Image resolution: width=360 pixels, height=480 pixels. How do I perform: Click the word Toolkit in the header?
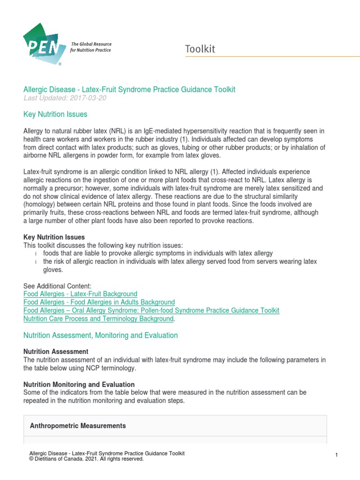coord(200,49)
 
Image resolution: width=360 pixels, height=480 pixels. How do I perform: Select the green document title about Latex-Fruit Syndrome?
coord(129,89)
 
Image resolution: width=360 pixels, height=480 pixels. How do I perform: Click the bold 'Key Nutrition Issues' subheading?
coord(54,237)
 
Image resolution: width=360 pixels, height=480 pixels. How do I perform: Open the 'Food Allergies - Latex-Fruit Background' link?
coord(80,294)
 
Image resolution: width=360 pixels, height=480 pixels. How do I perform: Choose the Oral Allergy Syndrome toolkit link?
coord(151,310)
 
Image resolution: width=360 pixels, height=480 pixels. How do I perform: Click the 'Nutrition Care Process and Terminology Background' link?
coord(98,319)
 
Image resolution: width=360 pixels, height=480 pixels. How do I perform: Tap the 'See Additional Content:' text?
coord(57,286)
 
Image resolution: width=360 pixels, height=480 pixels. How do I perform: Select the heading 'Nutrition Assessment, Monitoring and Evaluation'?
coord(100,335)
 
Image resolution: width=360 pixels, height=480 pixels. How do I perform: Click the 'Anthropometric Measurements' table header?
coord(78,426)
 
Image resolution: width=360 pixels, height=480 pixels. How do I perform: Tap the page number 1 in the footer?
coord(337,456)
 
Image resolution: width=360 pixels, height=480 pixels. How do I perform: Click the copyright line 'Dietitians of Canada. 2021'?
coord(86,459)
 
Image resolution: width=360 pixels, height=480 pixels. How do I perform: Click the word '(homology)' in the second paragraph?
coord(41,205)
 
